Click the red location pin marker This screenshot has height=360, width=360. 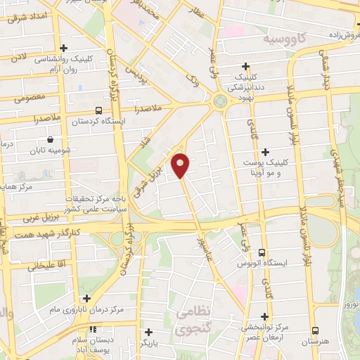tap(181, 165)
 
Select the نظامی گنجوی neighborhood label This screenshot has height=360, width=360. tap(195, 320)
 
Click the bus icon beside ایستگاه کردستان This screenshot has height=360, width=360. tap(98, 110)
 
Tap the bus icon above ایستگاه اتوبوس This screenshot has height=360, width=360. tap(262, 252)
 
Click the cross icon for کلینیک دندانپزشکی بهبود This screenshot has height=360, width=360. tap(245, 64)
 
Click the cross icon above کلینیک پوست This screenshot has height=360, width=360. tap(265, 152)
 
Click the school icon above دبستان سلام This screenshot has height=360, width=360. tap(94, 330)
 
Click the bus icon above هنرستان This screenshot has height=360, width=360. tap(314, 330)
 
